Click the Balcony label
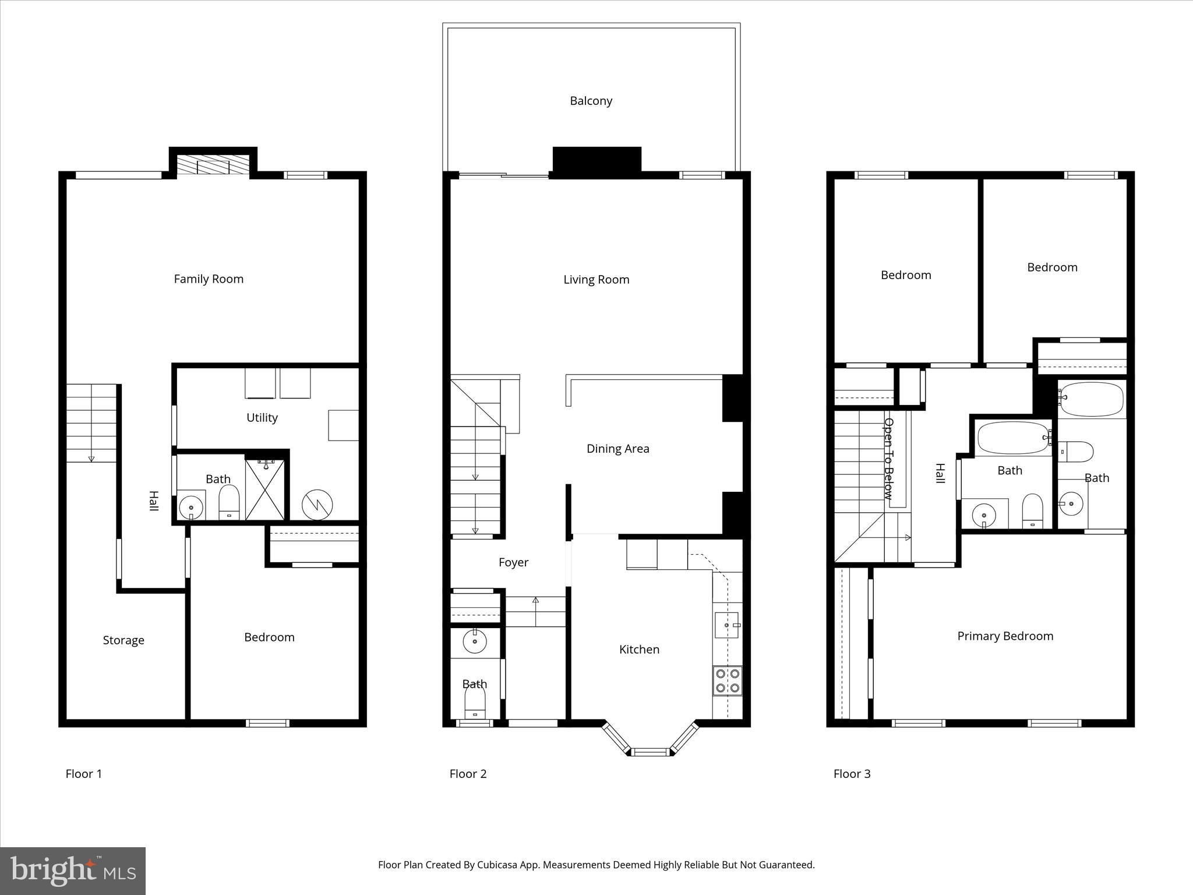click(x=591, y=101)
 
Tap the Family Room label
click(x=209, y=279)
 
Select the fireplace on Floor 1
click(x=213, y=165)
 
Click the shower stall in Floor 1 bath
click(x=265, y=489)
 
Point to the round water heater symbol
click(x=317, y=505)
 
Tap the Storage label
click(x=123, y=640)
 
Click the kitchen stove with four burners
click(x=728, y=681)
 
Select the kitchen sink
click(x=727, y=625)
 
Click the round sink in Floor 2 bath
click(x=475, y=642)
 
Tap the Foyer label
click(x=513, y=562)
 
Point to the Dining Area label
click(x=617, y=449)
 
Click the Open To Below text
click(x=888, y=459)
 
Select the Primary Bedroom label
click(x=1005, y=636)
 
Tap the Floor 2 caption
click(x=468, y=774)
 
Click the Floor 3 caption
click(x=852, y=774)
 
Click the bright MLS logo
click(x=73, y=871)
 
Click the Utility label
click(x=262, y=418)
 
